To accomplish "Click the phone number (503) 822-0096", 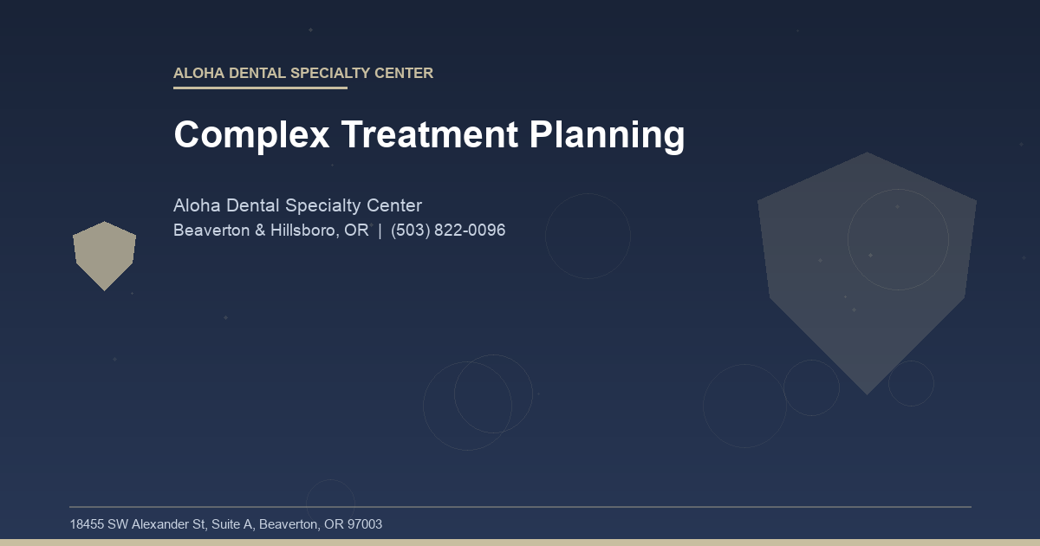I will tap(448, 231).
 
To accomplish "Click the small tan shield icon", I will tap(104, 255).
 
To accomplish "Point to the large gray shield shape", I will tap(867, 269).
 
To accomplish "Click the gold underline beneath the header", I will tap(260, 88).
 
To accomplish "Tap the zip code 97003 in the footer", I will tap(364, 524).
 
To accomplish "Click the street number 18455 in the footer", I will tap(87, 524).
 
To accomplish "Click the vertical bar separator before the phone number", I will tap(380, 231).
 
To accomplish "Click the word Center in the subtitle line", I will tap(394, 206).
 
